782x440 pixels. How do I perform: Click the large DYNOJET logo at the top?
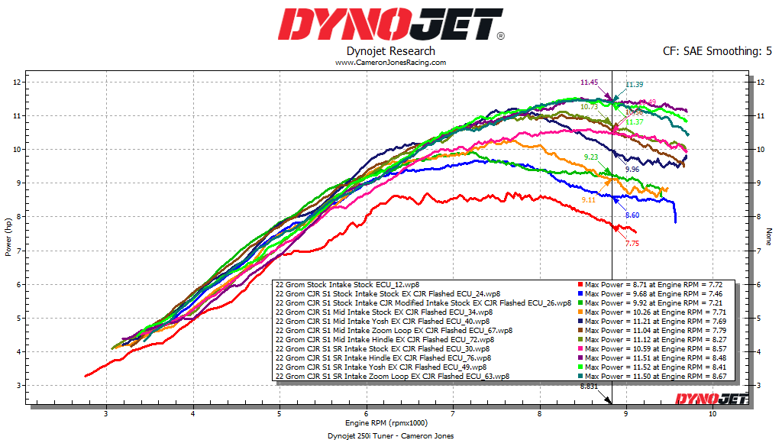click(390, 24)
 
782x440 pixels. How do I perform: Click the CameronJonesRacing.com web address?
click(390, 63)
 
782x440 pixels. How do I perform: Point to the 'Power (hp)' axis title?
click(8, 235)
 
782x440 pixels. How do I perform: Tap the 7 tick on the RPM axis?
click(454, 413)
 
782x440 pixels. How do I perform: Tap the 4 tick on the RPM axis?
click(193, 413)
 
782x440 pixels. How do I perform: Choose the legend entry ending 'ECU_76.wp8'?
click(383, 357)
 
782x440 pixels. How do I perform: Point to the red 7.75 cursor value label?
click(632, 243)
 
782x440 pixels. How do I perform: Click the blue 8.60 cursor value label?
click(632, 215)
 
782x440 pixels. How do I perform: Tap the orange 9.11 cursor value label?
click(588, 199)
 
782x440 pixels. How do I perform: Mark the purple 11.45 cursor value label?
click(588, 82)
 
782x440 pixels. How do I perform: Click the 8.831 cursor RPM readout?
click(589, 387)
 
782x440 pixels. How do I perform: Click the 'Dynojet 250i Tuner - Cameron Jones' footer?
click(390, 435)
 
